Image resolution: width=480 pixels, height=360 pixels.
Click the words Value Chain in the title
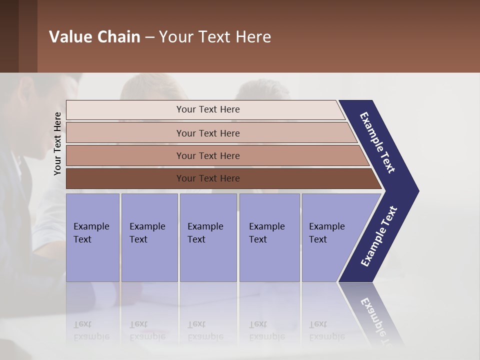click(x=94, y=37)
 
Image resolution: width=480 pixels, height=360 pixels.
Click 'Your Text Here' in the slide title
click(x=215, y=37)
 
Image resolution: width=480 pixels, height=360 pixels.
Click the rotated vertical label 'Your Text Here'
click(x=57, y=144)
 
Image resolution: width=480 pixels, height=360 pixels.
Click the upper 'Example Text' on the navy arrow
click(x=377, y=142)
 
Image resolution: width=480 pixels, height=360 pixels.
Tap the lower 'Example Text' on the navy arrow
click(x=379, y=236)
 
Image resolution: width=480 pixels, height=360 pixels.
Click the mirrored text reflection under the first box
click(x=91, y=330)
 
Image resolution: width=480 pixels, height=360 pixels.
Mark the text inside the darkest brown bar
click(x=208, y=178)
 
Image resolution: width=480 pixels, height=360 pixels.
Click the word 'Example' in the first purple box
click(x=91, y=226)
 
